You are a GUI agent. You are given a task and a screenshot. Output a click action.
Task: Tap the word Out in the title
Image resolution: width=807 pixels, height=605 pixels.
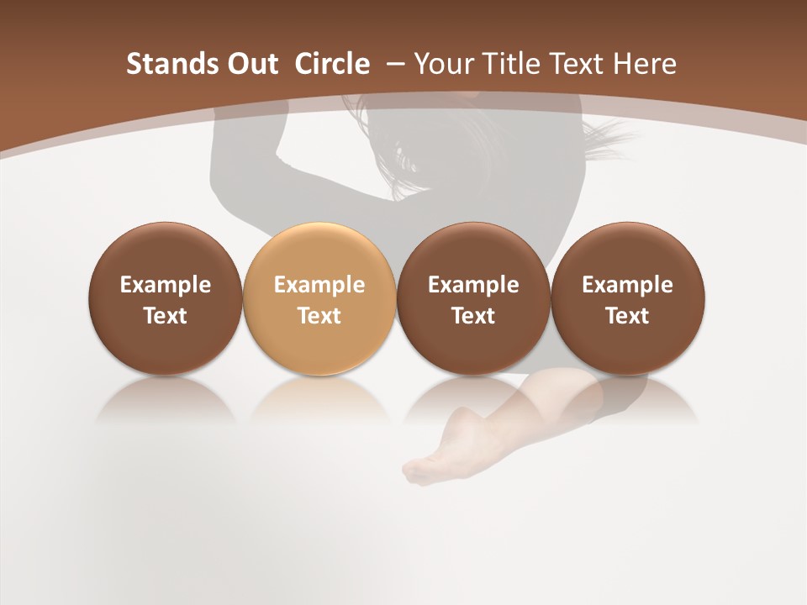point(251,64)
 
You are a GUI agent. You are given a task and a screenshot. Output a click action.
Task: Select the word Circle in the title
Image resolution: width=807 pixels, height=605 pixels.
point(331,64)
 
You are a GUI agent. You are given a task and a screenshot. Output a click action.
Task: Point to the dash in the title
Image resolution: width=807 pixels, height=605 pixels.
point(392,64)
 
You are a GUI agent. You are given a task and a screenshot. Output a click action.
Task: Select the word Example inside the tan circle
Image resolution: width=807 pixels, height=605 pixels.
point(319,285)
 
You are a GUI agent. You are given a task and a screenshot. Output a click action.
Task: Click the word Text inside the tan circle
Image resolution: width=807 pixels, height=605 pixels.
point(319,316)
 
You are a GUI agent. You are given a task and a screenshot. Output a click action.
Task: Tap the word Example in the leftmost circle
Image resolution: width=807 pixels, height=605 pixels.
point(165,285)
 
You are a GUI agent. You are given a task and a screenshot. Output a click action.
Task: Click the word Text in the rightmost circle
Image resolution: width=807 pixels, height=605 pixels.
point(628,316)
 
